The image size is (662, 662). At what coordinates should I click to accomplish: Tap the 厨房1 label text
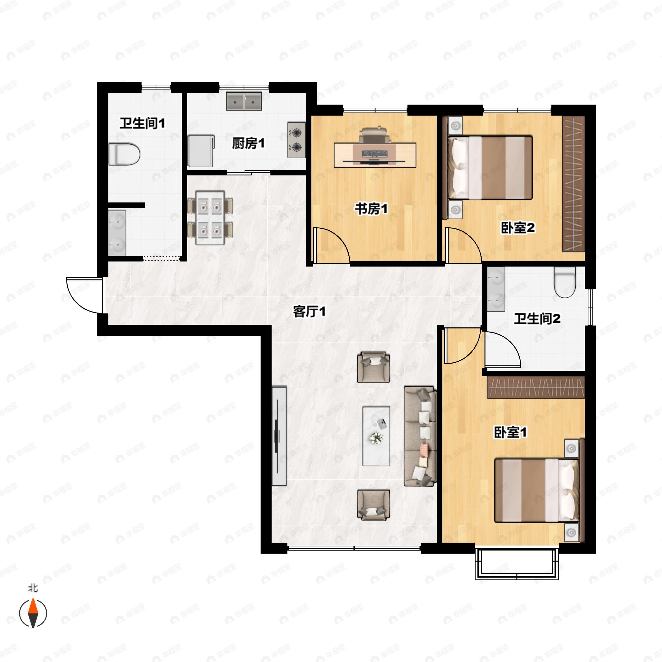(248, 143)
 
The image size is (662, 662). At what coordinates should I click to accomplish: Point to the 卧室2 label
(518, 228)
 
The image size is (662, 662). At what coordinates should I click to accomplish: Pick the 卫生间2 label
(537, 319)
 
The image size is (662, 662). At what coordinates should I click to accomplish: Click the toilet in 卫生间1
(124, 154)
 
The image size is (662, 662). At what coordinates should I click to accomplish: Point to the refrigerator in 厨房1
(201, 151)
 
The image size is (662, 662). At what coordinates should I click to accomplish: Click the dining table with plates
(210, 218)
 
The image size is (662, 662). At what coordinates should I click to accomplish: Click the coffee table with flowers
(376, 436)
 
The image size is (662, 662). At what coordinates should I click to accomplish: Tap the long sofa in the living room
(420, 436)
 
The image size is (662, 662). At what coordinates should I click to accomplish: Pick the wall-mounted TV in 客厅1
(279, 436)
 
